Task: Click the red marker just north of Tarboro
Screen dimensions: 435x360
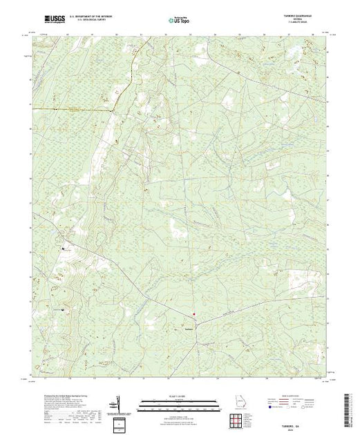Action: pyautogui.click(x=194, y=315)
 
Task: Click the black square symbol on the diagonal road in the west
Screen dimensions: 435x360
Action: pyautogui.click(x=63, y=247)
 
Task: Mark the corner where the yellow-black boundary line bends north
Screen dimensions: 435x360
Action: pyautogui.click(x=113, y=109)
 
